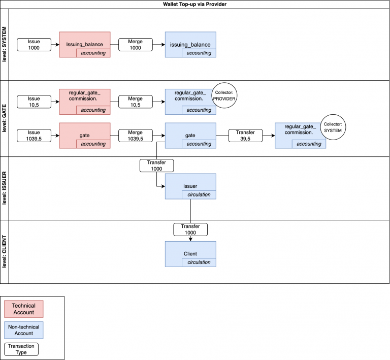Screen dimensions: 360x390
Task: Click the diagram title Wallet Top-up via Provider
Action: click(194, 4)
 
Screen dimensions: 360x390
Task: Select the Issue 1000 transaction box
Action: click(34, 44)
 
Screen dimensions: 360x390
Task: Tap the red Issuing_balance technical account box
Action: click(84, 44)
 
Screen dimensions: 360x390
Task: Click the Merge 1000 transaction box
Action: click(135, 44)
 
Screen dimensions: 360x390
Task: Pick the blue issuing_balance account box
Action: click(190, 44)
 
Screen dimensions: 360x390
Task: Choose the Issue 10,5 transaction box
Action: click(34, 101)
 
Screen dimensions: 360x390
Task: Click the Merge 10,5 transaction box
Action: click(135, 101)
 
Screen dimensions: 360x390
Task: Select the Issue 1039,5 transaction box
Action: click(34, 136)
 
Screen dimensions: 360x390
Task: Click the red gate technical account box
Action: click(84, 136)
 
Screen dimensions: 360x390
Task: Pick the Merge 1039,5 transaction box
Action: click(135, 136)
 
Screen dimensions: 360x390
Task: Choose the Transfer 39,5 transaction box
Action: click(245, 136)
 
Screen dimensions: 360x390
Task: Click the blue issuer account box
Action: click(190, 186)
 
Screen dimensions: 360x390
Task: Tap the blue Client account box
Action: click(190, 254)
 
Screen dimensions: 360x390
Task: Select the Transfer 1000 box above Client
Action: click(190, 229)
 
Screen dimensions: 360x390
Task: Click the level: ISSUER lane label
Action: click(5, 188)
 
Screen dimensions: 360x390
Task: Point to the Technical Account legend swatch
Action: click(23, 309)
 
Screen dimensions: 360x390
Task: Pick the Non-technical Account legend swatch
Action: click(23, 330)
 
